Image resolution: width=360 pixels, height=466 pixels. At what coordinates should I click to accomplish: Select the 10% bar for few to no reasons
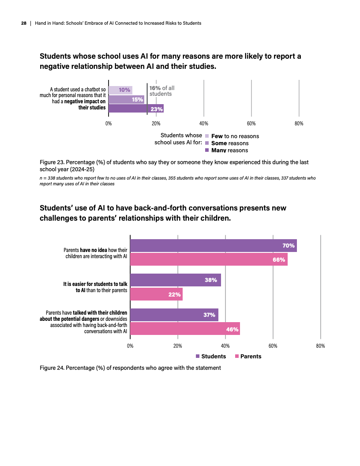120,90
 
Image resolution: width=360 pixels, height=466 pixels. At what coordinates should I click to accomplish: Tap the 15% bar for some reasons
126,99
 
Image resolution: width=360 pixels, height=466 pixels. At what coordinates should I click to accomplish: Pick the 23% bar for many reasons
136,109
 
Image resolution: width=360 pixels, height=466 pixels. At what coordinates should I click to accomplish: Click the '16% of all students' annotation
161,91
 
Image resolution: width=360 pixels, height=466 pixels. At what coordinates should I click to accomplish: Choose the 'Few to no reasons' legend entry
235,136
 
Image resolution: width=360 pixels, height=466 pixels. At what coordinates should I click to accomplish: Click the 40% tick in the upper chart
203,124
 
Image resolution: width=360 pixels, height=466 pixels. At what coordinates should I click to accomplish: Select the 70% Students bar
213,245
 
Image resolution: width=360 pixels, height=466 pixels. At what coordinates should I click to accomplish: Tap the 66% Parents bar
209,259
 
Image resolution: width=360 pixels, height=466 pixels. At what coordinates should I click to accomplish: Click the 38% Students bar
175,280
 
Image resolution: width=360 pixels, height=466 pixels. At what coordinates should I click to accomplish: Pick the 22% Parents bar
156,294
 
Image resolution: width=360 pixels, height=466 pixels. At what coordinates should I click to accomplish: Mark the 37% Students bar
174,315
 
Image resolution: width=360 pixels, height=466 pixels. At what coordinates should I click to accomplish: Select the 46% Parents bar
185,329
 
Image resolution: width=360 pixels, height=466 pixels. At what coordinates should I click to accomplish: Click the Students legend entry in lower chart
210,356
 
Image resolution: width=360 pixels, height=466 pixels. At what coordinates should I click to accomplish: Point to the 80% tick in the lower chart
320,346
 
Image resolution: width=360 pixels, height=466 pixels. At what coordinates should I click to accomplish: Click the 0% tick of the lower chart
130,346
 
